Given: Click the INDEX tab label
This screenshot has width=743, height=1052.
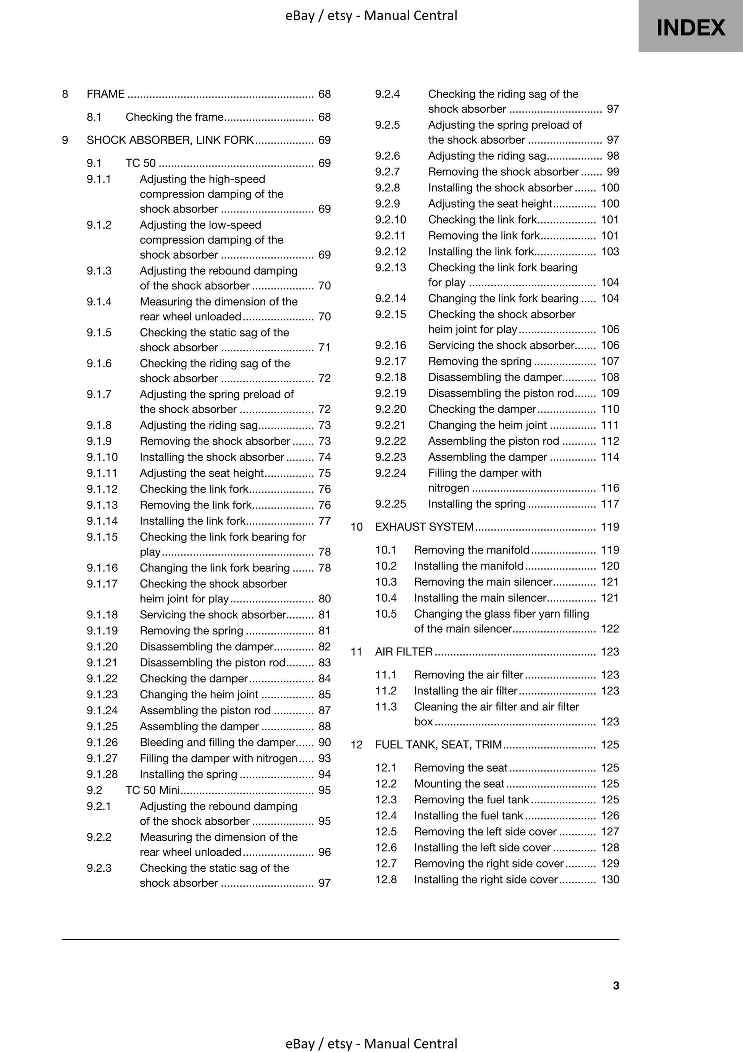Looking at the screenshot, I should tap(690, 28).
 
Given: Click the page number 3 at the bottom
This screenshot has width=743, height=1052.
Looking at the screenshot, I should tap(615, 986).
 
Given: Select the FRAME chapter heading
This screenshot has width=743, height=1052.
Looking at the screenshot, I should tap(105, 94).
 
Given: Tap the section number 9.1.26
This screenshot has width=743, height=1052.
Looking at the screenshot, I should tap(102, 742).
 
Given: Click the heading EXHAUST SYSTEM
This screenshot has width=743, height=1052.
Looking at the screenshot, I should tap(424, 527).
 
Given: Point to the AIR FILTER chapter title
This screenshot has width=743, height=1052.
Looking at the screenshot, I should tap(404, 652).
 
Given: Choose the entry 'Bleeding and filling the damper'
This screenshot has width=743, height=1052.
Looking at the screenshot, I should tap(218, 742).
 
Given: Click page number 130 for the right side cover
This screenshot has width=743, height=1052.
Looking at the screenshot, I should tap(610, 879).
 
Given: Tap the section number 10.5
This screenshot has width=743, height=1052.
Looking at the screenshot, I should tap(386, 613).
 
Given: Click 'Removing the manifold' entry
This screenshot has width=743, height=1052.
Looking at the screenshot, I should tap(472, 550).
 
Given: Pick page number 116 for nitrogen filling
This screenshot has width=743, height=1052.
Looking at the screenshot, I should tap(610, 488).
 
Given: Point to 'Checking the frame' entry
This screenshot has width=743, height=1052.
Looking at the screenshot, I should tap(174, 117).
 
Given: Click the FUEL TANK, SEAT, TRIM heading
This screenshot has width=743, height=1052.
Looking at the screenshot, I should tap(438, 744).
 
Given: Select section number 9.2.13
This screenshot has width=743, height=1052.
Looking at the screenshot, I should tap(390, 267).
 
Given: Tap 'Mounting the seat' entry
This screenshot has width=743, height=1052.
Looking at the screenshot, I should tap(459, 783).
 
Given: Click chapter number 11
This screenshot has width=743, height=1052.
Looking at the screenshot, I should tap(356, 652).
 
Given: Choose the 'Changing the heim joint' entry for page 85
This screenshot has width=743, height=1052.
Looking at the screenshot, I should tap(199, 694).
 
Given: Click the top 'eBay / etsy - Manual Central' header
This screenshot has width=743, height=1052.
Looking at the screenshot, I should tap(371, 16).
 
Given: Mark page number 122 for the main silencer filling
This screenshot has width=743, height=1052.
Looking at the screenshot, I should tap(610, 629).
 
